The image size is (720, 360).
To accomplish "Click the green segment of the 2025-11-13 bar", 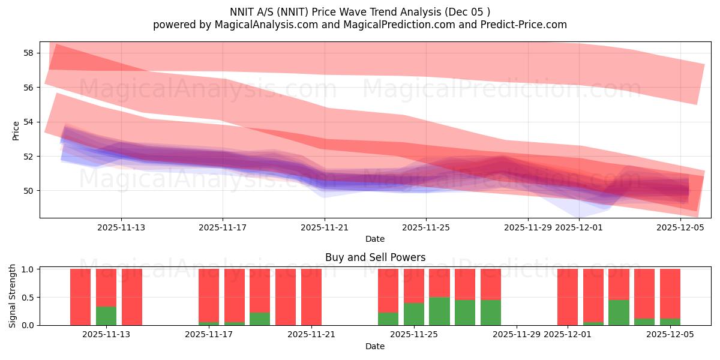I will click(106, 316).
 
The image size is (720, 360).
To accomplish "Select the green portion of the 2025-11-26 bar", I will click(439, 311).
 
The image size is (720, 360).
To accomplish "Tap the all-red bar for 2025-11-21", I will click(311, 297).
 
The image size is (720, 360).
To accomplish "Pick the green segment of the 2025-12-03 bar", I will click(619, 312).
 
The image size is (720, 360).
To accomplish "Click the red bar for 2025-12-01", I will click(568, 297).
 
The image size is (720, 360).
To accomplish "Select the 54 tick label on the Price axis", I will click(28, 122).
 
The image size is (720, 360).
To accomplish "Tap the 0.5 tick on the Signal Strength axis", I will click(26, 298).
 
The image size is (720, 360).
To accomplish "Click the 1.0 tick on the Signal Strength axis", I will click(26, 269).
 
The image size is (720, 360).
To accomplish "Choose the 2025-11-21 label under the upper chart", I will click(325, 227).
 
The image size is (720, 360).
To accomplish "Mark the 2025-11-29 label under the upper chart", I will click(527, 227).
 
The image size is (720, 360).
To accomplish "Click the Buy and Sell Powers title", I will click(375, 257).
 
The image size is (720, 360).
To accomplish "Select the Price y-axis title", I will click(16, 130).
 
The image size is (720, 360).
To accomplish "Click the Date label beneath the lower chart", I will click(375, 346).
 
